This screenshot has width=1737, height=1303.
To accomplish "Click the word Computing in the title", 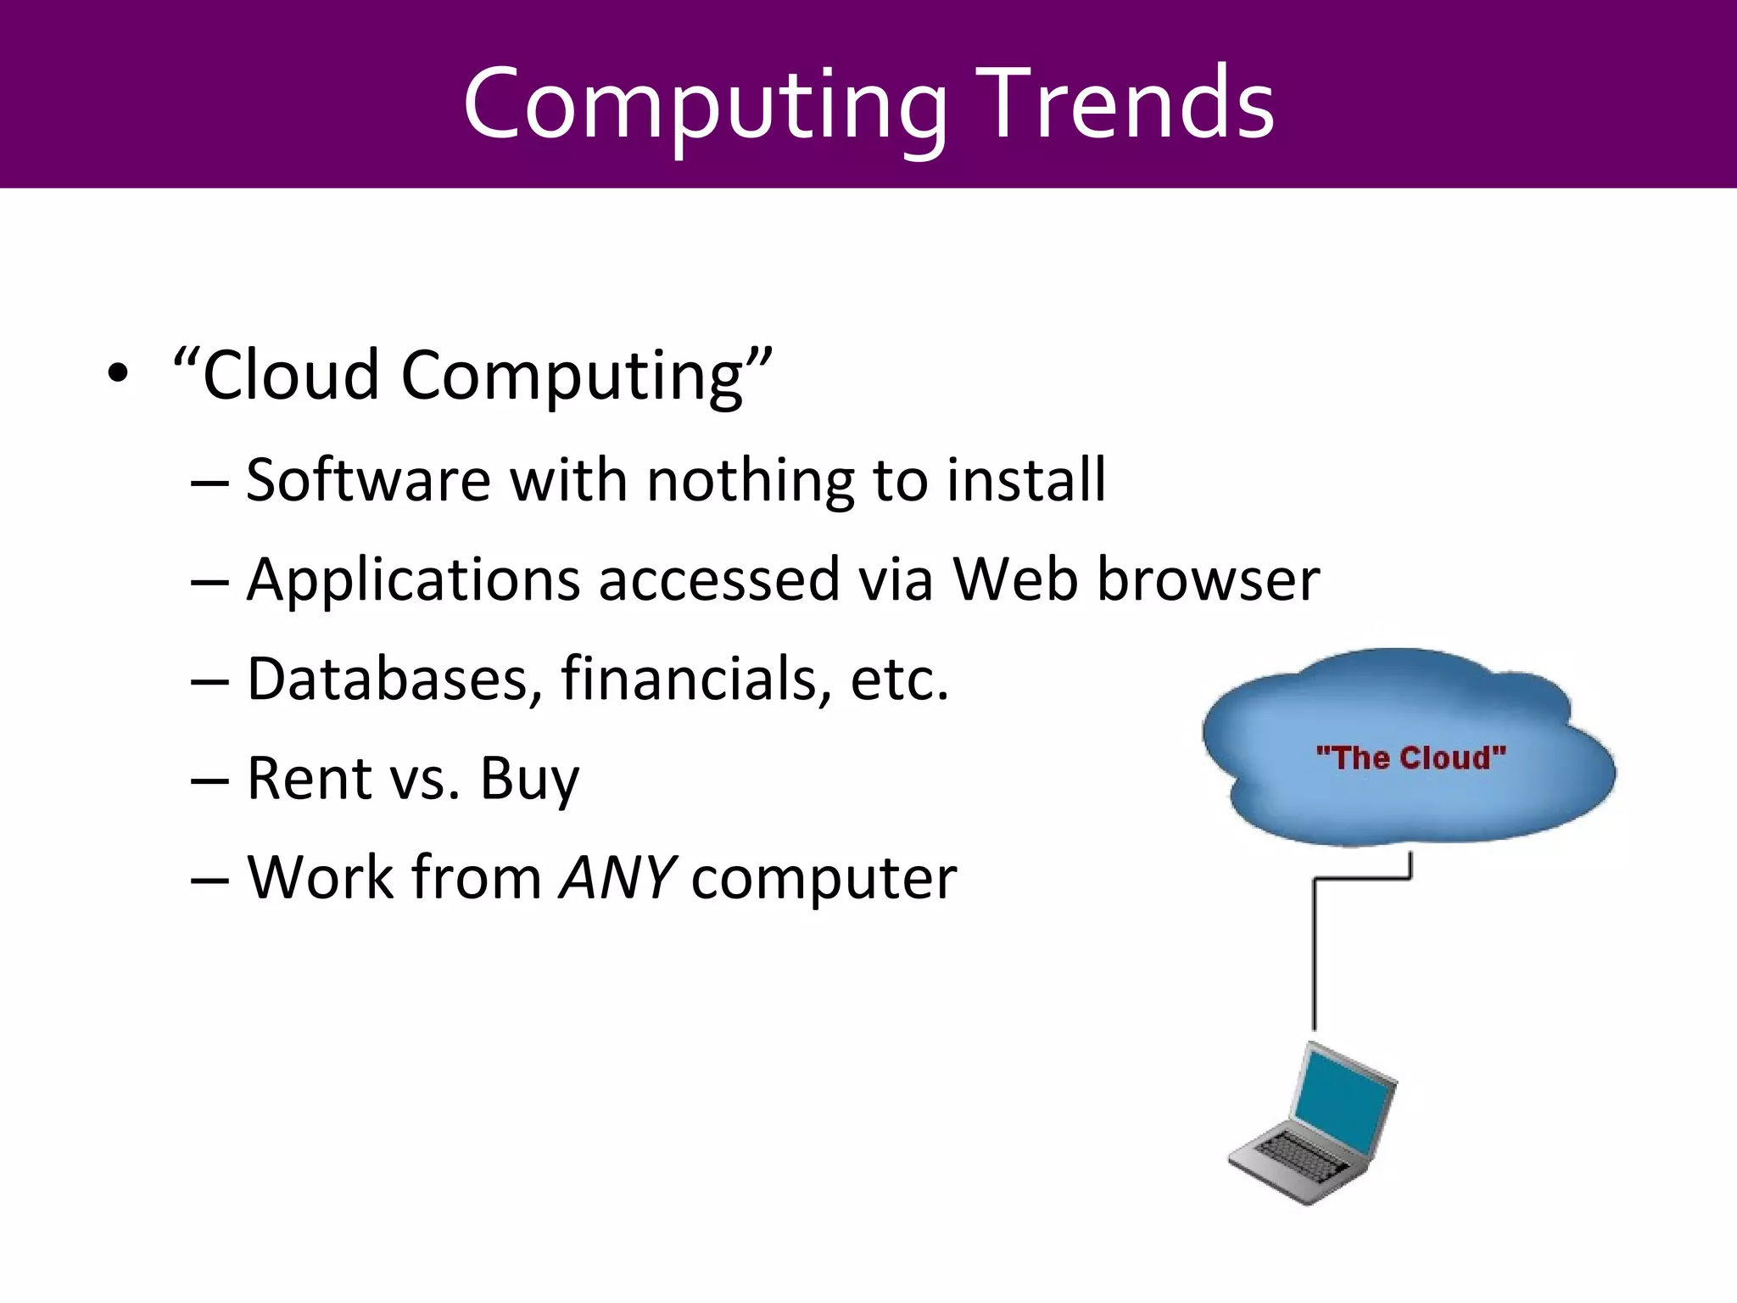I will (704, 106).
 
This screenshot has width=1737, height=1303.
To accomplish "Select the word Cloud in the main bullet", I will (290, 375).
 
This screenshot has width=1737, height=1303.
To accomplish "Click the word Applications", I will (414, 580).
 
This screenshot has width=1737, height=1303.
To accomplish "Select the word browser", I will (1209, 579).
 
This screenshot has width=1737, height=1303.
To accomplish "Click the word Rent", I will (309, 778).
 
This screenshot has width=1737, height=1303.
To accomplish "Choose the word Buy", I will (529, 780).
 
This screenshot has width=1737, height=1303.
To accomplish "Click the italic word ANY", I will (617, 877).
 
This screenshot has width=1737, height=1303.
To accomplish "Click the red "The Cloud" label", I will (1410, 758).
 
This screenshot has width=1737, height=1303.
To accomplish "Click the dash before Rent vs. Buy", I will (209, 780).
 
